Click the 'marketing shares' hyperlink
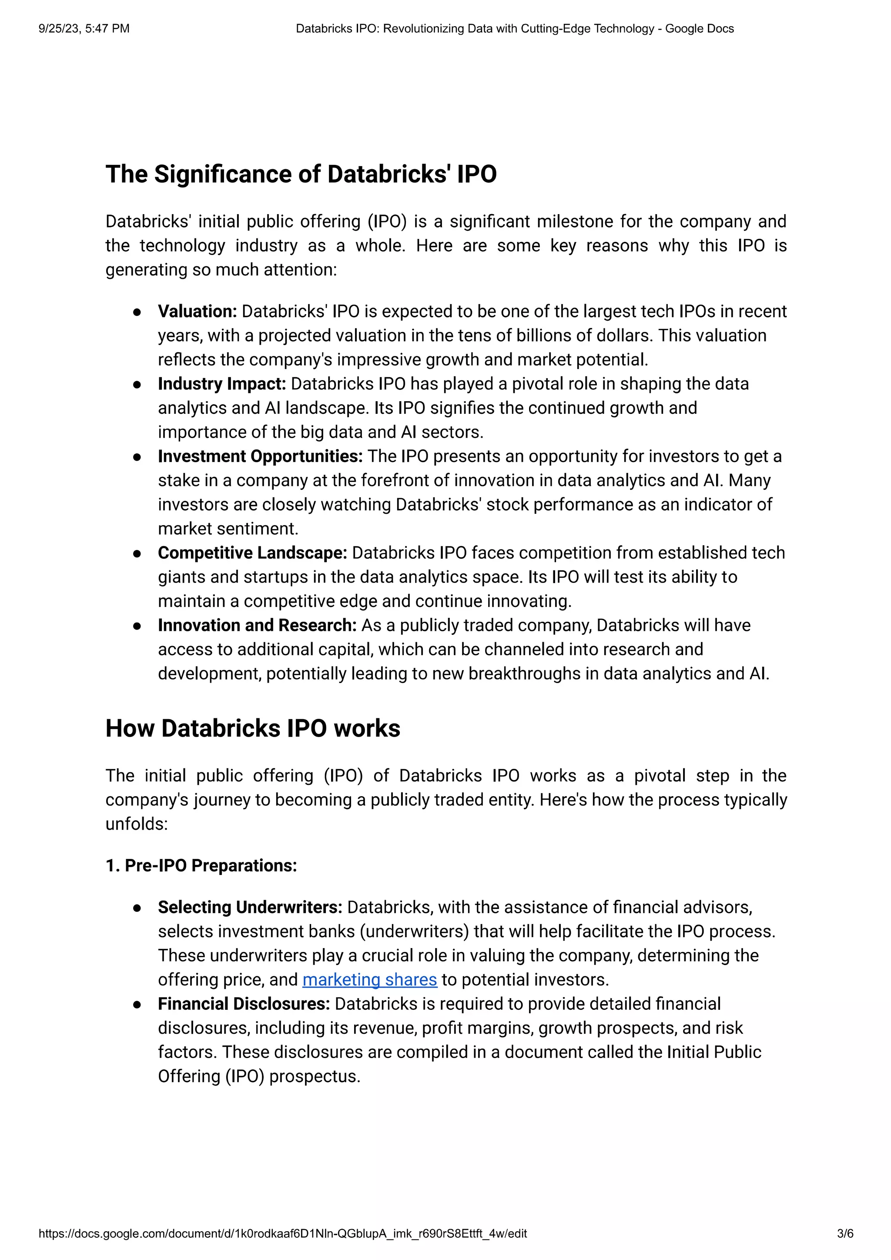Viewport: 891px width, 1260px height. [x=369, y=979]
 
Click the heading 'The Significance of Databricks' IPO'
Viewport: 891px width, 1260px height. [x=301, y=174]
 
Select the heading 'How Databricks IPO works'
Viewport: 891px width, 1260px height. [x=252, y=728]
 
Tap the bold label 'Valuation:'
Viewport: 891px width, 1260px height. [x=197, y=311]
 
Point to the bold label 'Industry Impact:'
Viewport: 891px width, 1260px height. [x=221, y=384]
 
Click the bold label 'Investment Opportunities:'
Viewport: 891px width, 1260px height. [x=260, y=456]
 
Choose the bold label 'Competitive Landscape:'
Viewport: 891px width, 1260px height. [x=252, y=553]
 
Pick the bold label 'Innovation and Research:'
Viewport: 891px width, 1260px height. [x=257, y=625]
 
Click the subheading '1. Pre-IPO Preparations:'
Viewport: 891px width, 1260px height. [x=201, y=865]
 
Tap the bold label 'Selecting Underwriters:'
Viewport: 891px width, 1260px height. [x=250, y=907]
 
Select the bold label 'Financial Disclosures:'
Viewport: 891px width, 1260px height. [x=244, y=1004]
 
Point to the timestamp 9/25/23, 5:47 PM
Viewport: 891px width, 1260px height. [x=84, y=29]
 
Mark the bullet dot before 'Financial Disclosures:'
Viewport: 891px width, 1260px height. [x=137, y=1005]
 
